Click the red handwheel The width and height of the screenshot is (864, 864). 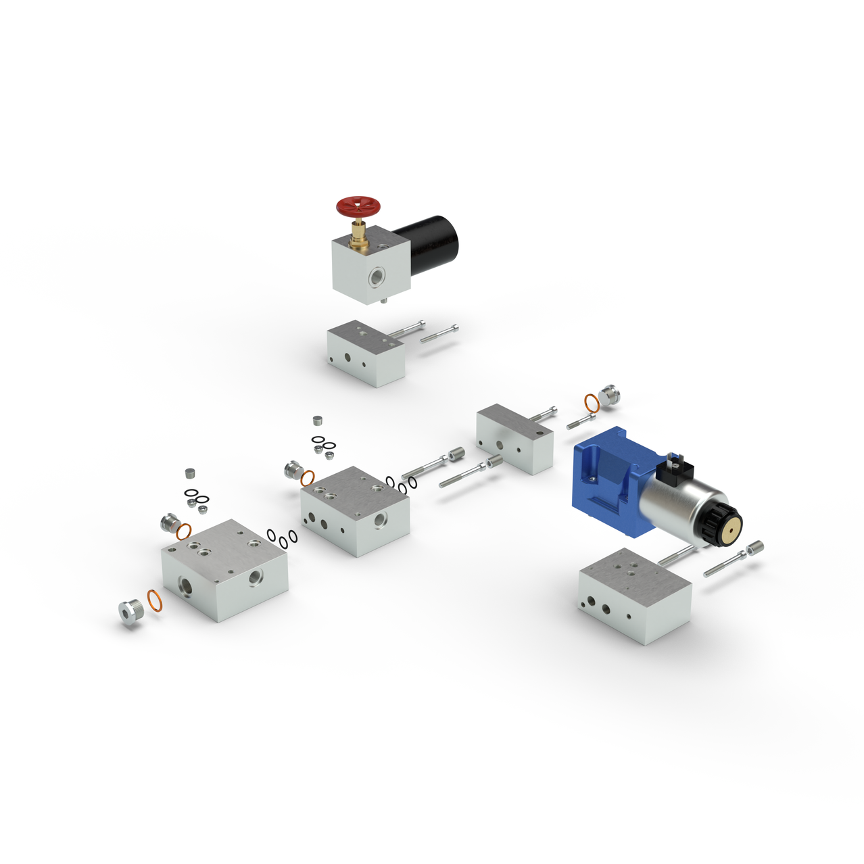(359, 207)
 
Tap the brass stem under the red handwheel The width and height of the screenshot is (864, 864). (359, 237)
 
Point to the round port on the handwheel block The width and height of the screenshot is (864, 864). (375, 277)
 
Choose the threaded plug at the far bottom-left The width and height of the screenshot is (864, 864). (130, 611)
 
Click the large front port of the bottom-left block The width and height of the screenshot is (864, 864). (185, 585)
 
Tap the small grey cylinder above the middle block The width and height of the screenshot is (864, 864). (318, 421)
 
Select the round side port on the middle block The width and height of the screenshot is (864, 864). (380, 520)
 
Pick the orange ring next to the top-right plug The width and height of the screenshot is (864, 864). (592, 403)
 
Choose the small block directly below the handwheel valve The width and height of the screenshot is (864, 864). (366, 352)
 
